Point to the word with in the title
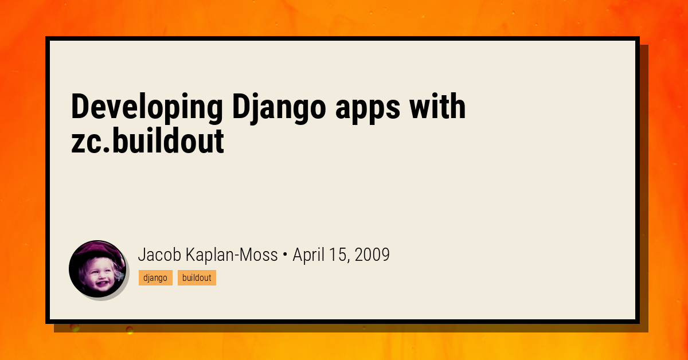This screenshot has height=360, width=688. point(437,106)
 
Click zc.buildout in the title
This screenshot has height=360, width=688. point(147,140)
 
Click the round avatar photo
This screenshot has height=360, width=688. point(97,269)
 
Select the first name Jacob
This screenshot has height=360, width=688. point(159,255)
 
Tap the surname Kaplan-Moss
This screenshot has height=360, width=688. point(232,255)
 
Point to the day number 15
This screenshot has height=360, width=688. point(337,255)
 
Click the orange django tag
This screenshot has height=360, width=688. point(155,277)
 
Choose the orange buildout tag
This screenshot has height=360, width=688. point(197,277)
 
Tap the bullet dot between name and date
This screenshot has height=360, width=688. point(285,255)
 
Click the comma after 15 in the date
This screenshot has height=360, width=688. point(349,261)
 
